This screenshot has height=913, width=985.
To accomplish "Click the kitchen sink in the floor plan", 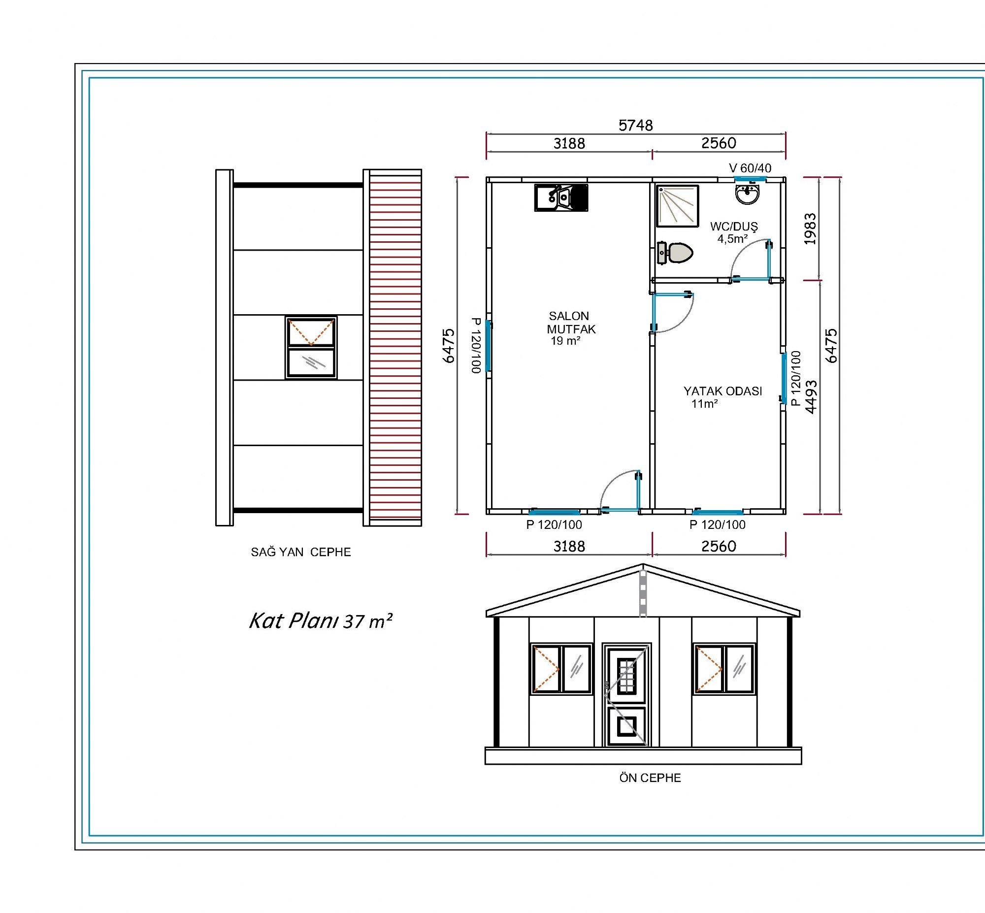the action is [561, 197].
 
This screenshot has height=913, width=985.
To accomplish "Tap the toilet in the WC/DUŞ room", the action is [675, 253].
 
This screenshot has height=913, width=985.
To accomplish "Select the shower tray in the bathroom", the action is [677, 206].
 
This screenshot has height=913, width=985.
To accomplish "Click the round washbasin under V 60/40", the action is [747, 194].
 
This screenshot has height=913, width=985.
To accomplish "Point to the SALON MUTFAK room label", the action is [570, 328].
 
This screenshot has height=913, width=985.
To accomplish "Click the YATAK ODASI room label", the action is [722, 397].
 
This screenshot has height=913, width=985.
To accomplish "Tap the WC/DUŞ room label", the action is [733, 232].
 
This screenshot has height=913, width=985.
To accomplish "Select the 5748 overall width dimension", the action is [636, 126].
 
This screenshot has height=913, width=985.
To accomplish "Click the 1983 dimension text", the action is [810, 229].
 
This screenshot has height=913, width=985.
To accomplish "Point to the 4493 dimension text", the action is [811, 397].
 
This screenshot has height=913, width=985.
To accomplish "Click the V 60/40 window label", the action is [750, 168].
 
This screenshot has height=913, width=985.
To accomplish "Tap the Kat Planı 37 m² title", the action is [321, 620].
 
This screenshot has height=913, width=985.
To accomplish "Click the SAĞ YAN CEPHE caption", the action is [301, 552].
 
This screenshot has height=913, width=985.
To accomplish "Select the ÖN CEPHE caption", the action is [650, 778].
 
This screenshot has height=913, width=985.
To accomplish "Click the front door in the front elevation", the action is [626, 695].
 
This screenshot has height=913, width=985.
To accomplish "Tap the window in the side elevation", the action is [311, 347].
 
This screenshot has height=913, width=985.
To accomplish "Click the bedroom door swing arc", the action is [684, 320].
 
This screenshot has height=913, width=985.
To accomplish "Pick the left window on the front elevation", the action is [561, 668].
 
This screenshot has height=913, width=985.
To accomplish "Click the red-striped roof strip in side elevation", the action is [395, 348].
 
